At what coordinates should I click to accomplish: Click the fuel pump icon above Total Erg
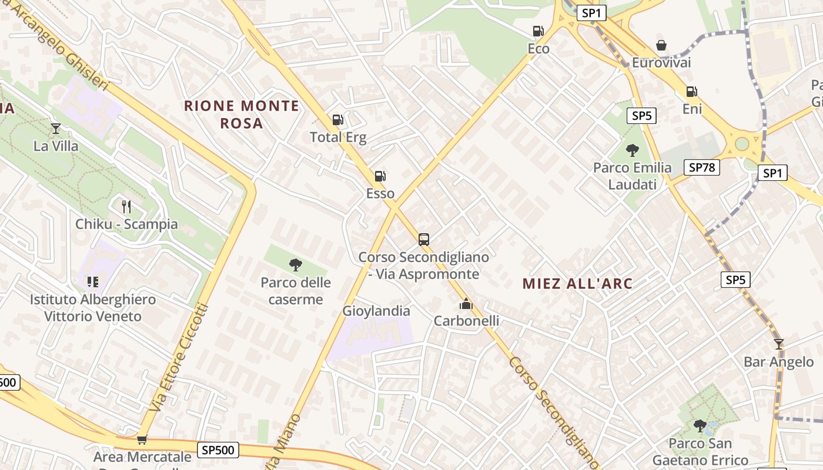click(x=337, y=120)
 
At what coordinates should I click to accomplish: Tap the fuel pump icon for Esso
click(x=380, y=176)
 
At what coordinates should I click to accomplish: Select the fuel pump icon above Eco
click(x=538, y=31)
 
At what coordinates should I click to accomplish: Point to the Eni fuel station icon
click(x=692, y=92)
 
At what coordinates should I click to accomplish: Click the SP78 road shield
click(x=702, y=167)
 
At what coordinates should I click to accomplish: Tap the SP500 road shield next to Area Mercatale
click(x=218, y=451)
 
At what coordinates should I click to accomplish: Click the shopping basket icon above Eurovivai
click(x=661, y=45)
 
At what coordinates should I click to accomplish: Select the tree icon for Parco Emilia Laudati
click(x=632, y=150)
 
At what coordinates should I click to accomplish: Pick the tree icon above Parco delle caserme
click(x=296, y=265)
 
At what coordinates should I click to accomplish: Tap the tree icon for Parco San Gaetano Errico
click(x=699, y=425)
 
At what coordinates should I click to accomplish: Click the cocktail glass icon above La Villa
click(x=56, y=128)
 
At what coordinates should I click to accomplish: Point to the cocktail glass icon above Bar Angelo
click(x=779, y=344)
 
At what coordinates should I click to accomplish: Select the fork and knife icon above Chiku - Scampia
click(x=126, y=206)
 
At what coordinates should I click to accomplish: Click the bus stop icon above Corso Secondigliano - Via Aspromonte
click(x=424, y=239)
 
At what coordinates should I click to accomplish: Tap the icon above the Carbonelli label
click(x=466, y=304)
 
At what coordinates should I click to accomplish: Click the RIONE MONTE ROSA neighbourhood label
click(x=242, y=115)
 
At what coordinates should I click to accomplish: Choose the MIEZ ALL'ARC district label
click(x=577, y=284)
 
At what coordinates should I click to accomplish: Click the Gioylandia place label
click(x=376, y=311)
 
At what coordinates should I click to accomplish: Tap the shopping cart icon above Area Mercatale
click(x=141, y=439)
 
